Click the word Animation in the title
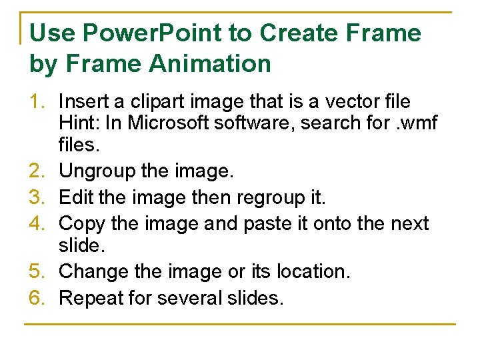coord(210,64)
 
